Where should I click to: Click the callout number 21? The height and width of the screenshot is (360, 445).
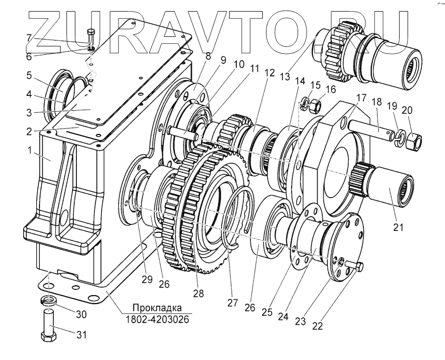[398, 228]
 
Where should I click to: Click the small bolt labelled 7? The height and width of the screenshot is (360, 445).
[90, 37]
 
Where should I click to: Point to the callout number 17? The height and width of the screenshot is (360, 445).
[361, 97]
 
